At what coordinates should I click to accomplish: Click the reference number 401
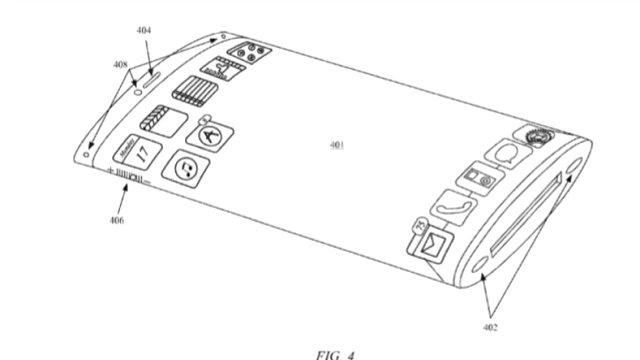coord(335,145)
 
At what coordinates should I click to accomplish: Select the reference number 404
coord(144,32)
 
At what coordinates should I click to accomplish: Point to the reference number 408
coord(120,66)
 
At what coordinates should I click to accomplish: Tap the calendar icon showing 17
coord(140,152)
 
